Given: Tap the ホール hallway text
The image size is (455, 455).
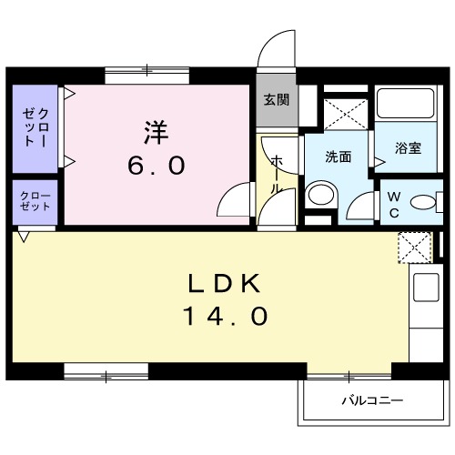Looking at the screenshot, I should click(x=278, y=173).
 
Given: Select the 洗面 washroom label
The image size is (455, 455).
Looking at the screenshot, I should click(x=339, y=157).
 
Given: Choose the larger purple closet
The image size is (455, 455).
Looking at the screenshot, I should click(x=35, y=127).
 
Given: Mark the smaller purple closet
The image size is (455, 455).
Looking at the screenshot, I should click(x=35, y=201).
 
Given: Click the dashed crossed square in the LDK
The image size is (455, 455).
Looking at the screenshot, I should click(x=414, y=247).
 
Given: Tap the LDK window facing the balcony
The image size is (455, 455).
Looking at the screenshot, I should click(x=349, y=373).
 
